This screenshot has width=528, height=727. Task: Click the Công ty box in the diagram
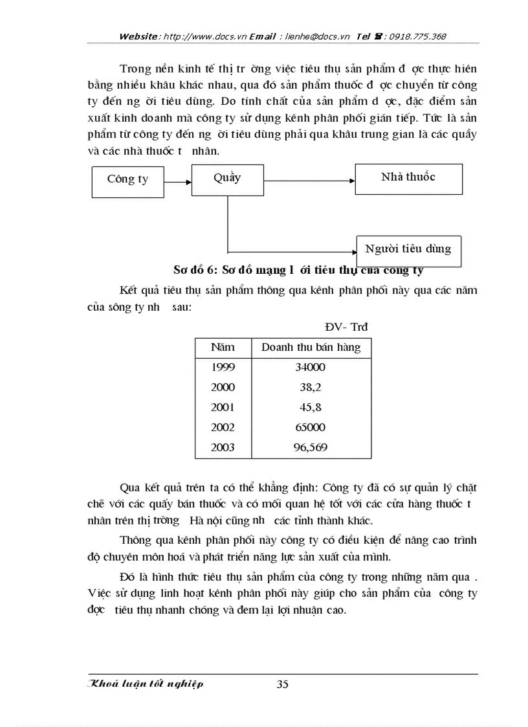click(x=127, y=179)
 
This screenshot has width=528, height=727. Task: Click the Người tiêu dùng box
click(x=408, y=249)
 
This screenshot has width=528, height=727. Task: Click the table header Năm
click(x=223, y=348)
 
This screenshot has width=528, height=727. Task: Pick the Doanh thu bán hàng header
click(x=311, y=348)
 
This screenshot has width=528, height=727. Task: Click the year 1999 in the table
click(x=223, y=367)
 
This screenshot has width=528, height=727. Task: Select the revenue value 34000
click(x=310, y=367)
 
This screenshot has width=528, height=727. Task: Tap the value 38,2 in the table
click(x=310, y=387)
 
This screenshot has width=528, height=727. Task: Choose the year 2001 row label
click(x=223, y=407)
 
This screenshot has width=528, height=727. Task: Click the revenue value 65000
click(x=310, y=427)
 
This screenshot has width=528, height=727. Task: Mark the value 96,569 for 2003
click(x=310, y=447)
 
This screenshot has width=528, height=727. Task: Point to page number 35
click(x=282, y=685)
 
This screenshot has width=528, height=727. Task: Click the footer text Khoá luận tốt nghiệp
click(x=146, y=684)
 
